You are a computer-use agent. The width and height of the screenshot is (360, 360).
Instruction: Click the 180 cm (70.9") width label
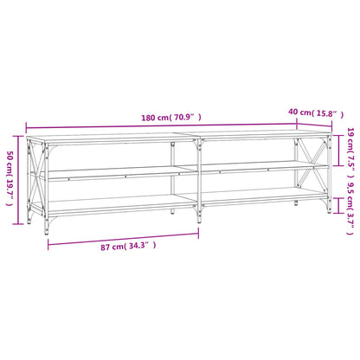point(171,118)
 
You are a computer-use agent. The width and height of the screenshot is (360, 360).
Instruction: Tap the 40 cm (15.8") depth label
point(316,112)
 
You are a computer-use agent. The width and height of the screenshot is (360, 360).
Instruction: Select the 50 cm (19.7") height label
point(10,178)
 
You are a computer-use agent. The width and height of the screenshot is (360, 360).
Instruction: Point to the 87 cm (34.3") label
point(128,246)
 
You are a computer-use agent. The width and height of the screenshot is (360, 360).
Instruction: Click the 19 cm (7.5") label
point(350,152)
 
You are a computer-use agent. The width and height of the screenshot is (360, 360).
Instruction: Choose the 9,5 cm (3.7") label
point(350,209)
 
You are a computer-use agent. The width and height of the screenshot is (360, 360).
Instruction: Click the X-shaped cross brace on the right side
point(312,163)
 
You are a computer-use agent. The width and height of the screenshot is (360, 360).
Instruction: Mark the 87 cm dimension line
point(123,239)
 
